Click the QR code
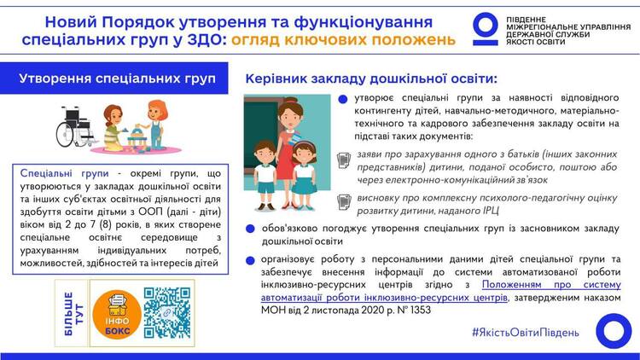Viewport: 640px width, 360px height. tap(167, 313)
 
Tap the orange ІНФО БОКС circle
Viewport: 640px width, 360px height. tap(117, 314)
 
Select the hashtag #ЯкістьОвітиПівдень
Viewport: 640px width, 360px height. tap(526, 332)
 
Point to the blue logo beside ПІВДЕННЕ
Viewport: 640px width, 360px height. tap(486, 29)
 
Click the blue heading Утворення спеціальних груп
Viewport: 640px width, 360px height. tap(117, 78)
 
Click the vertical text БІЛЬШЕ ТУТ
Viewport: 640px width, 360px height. tap(73, 313)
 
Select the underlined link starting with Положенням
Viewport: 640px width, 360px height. tap(441, 291)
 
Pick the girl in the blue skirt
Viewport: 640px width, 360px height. tap(304, 176)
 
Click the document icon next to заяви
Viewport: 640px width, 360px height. tap(344, 160)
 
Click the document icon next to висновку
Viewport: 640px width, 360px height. tap(344, 202)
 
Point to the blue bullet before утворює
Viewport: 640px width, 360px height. tap(343, 99)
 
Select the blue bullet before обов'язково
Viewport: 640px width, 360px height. tap(250, 229)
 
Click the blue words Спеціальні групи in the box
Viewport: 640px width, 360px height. tap(65, 173)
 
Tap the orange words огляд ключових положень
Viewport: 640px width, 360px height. tap(343, 40)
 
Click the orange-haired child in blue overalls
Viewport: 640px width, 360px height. tap(155, 125)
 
